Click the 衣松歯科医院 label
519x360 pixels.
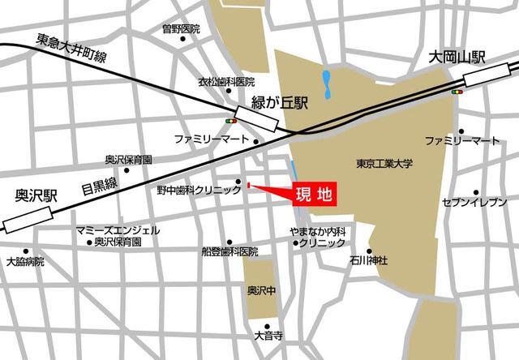point(227,82)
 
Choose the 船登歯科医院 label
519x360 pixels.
point(230,252)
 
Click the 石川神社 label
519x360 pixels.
point(369,260)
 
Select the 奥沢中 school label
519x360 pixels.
point(261,289)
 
